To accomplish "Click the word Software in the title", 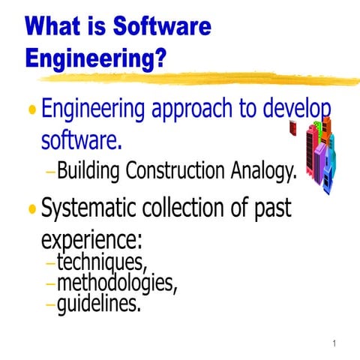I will pyautogui.click(x=162, y=28).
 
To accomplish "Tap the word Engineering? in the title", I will pyautogui.click(x=96, y=58).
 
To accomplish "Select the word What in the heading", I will pyautogui.click(x=53, y=28).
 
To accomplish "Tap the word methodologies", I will pyautogui.click(x=118, y=285).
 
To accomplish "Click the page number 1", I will pyautogui.click(x=333, y=344).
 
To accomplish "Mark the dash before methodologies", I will pyautogui.click(x=49, y=286).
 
